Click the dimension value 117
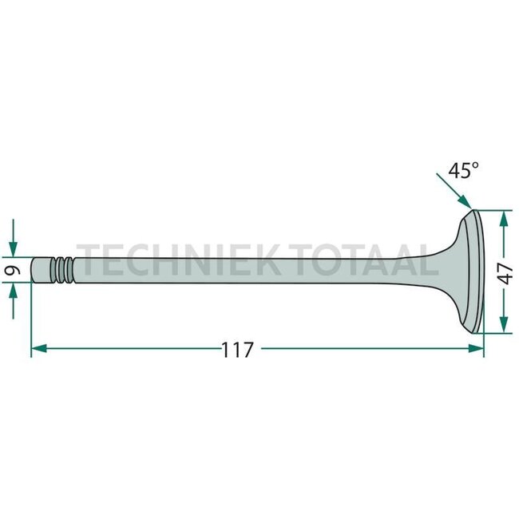237,351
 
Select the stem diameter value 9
13,270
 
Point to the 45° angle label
463,171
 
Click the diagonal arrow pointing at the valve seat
454,191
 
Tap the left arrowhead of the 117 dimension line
39,348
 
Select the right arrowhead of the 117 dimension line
476,348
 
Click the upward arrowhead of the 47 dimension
504,219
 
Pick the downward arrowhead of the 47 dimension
504,325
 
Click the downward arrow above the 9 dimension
14,238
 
